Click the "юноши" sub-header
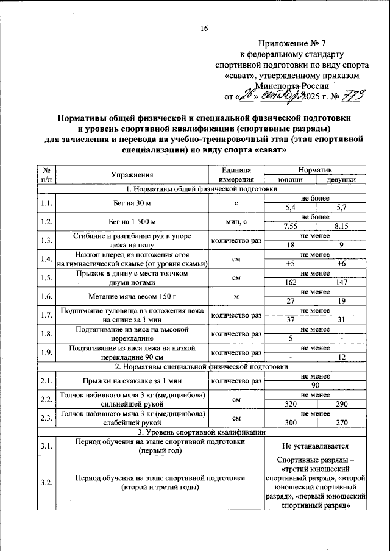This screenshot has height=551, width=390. coord(290,179)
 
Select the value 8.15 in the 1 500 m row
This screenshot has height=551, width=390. coord(342,227)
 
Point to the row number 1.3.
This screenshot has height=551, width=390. coord(46,241)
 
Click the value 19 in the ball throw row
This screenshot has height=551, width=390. coord(342,301)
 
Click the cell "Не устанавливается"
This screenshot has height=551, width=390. coord(316,446)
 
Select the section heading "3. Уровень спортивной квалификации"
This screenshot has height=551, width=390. coord(200,432)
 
